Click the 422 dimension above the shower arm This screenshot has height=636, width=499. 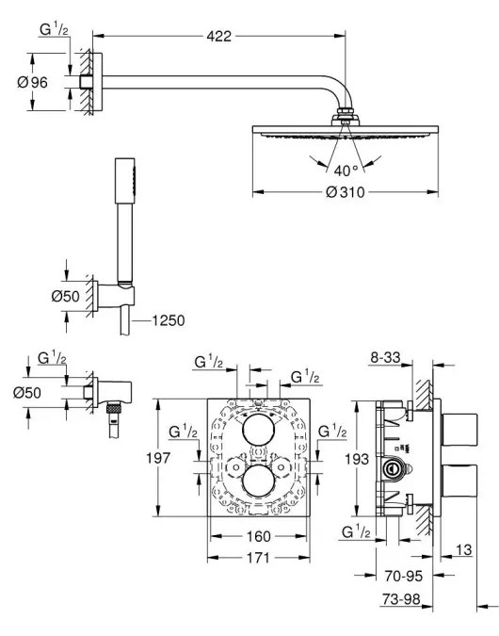[218, 36]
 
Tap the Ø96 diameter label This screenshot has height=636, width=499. [32, 82]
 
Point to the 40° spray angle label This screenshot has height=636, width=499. [346, 171]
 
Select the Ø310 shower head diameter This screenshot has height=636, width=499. [345, 192]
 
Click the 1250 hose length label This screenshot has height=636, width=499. [169, 320]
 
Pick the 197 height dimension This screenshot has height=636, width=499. [158, 458]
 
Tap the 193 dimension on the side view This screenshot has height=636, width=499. [357, 459]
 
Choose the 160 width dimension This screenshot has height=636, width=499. [258, 536]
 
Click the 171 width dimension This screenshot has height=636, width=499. [258, 558]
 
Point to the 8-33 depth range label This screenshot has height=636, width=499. [385, 357]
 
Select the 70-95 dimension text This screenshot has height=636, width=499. [403, 576]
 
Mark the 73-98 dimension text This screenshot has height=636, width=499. [401, 598]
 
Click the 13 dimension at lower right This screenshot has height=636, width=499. [464, 549]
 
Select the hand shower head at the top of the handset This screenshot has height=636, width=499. [125, 181]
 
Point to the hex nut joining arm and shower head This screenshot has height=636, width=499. [346, 111]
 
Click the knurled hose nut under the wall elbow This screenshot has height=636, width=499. [114, 407]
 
